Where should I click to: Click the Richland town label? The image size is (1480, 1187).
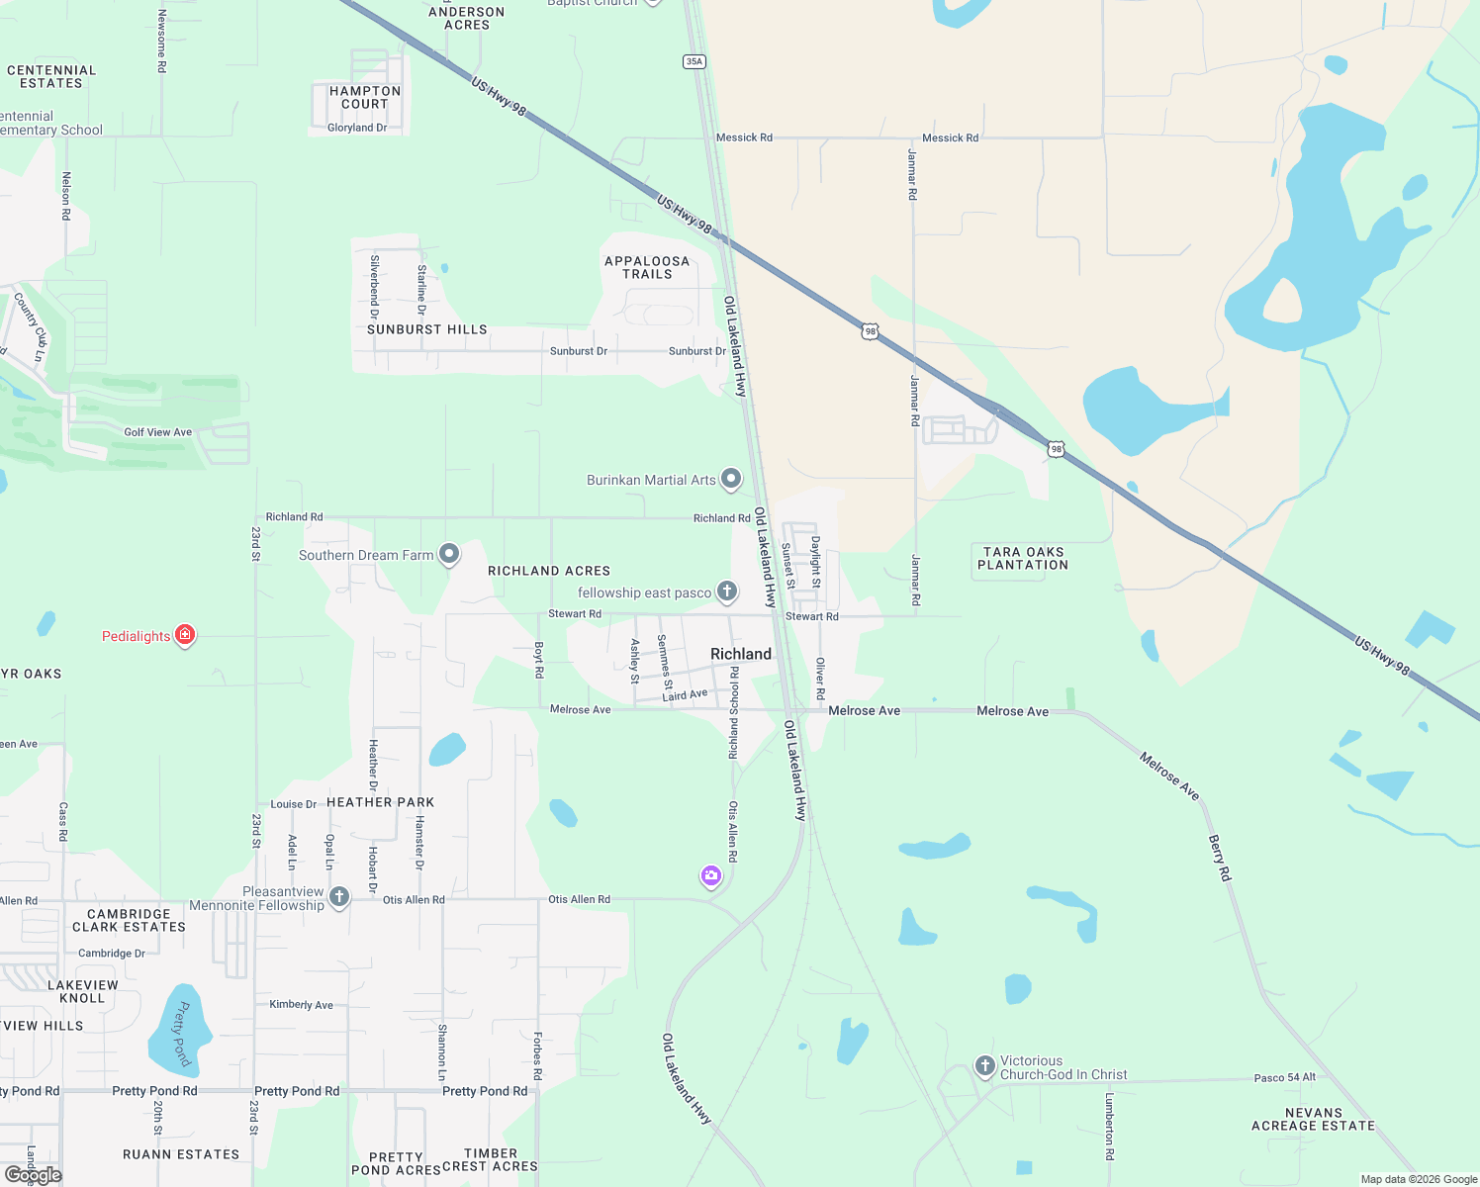[x=740, y=654]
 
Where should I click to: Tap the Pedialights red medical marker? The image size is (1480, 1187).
[x=185, y=635]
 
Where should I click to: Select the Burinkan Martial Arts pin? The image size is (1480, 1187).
[x=731, y=480]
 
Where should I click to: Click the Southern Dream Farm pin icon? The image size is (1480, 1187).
[x=449, y=554]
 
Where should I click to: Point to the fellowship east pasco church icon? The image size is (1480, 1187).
[x=727, y=592]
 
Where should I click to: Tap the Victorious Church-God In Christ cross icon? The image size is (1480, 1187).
[x=984, y=1066]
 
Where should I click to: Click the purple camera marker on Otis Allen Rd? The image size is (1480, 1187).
[x=711, y=875]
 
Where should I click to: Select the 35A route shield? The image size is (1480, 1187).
[x=694, y=61]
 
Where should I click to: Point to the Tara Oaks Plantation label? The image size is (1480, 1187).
[x=1023, y=559]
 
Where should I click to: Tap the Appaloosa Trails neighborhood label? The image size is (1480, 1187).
[x=647, y=267]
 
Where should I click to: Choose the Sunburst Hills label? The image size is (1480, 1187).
[x=427, y=329]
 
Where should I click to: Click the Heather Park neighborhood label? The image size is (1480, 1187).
[x=381, y=802]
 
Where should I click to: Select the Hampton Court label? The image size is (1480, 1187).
[x=365, y=97]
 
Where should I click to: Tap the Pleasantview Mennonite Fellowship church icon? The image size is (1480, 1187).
[x=339, y=897]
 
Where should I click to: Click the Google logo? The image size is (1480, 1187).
[x=34, y=1175]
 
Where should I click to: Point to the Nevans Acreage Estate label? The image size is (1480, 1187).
[x=1313, y=1119]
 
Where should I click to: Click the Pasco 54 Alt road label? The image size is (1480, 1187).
[x=1284, y=1077]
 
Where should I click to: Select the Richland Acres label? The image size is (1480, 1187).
[x=549, y=571]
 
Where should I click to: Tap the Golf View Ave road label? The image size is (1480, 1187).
[x=158, y=432]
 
